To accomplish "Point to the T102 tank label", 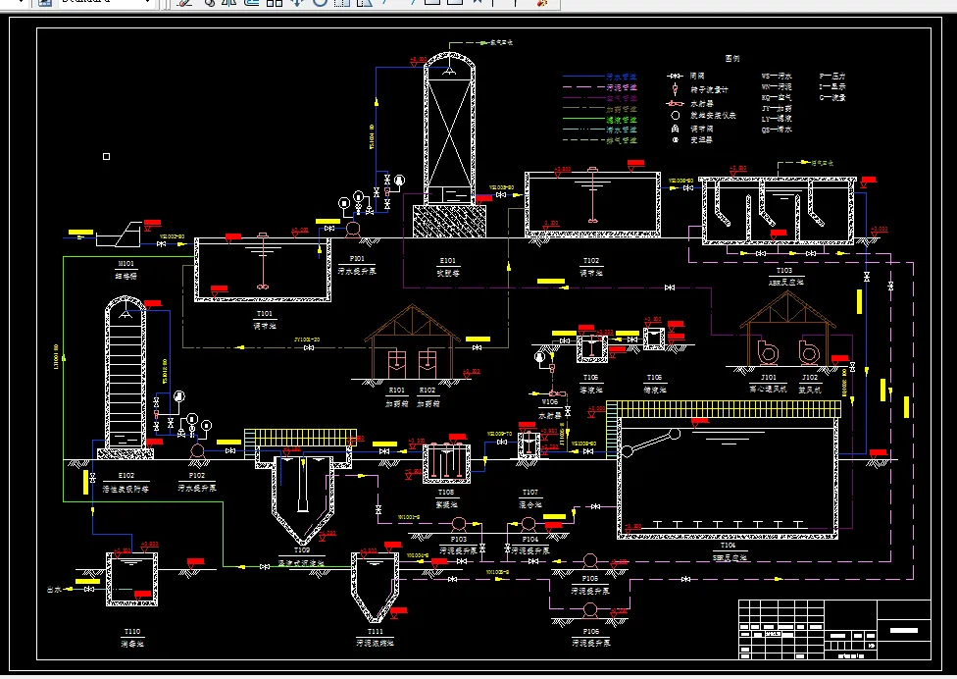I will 591,261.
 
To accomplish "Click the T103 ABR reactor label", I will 783,270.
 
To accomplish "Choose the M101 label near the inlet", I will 126,264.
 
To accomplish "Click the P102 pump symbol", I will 196,449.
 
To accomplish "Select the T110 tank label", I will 131,631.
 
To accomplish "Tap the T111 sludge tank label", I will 375,631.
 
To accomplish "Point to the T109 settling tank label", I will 301,550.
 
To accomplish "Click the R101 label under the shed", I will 396,390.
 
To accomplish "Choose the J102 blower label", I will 810,377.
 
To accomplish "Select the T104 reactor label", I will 729,545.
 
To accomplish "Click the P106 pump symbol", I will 590,608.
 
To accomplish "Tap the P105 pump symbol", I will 590,560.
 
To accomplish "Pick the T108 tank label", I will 446,493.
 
